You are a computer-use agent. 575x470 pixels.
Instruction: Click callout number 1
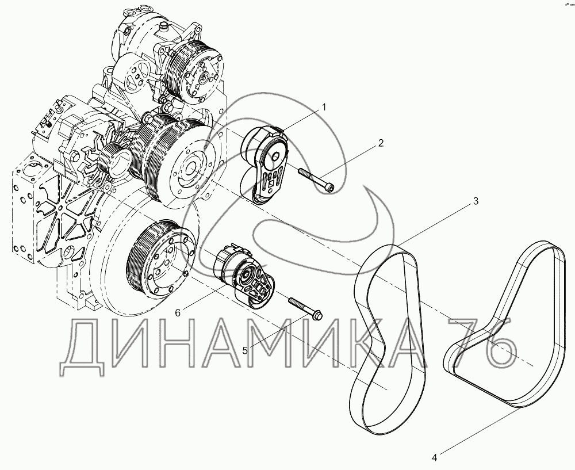click(324, 107)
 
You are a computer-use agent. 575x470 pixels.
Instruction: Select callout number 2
click(381, 143)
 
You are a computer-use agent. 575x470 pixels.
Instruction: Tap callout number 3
click(476, 201)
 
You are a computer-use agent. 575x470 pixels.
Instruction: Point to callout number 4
click(435, 457)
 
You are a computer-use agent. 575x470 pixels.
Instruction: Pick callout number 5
click(245, 350)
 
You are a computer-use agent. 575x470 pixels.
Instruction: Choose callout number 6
click(178, 312)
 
